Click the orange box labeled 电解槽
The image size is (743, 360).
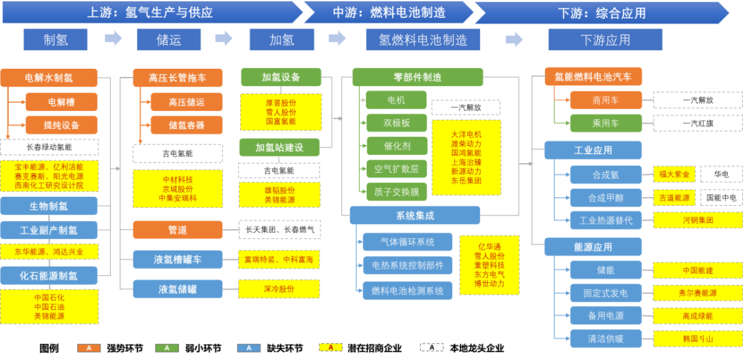pos(61,103)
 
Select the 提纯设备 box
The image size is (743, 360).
pos(61,125)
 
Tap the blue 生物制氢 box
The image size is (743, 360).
pos(48,206)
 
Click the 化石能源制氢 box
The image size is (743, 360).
pos(48,275)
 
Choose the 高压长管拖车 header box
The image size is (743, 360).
pos(177,78)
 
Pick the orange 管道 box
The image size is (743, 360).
pos(177,230)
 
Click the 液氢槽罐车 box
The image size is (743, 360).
pos(177,259)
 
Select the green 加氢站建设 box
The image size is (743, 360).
pos(279,147)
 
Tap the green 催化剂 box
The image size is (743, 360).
pos(396,146)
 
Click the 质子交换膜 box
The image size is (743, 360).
pos(396,191)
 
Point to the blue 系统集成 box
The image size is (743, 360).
pos(414,215)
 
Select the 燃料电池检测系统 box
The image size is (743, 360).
pos(407,290)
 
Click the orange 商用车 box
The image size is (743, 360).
pos(605,100)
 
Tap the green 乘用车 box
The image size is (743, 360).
pos(605,123)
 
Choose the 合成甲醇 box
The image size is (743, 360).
pos(605,198)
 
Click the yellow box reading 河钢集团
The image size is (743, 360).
pos(698,220)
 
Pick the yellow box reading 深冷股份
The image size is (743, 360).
pos(279,289)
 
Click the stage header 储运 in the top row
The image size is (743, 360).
pos(169,40)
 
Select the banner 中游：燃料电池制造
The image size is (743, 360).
pos(389,12)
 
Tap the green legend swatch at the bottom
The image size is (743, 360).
pos(166,348)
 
